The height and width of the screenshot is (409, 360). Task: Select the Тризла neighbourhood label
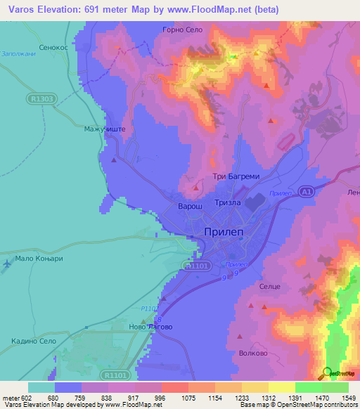pyautogui.click(x=227, y=202)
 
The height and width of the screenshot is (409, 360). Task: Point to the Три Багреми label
pyautogui.click(x=226, y=177)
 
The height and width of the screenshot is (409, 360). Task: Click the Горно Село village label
pyautogui.click(x=182, y=30)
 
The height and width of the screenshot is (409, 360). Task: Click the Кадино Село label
pyautogui.click(x=34, y=340)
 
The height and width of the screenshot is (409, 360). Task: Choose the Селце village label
pyautogui.click(x=270, y=287)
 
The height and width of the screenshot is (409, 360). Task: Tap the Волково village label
pyautogui.click(x=252, y=353)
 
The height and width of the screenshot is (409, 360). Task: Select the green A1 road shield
pyautogui.click(x=304, y=190)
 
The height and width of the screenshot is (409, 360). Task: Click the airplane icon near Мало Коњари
pyautogui.click(x=7, y=264)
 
